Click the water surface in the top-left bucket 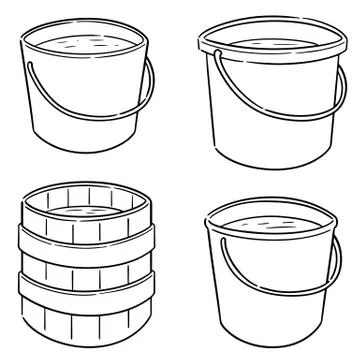click(85, 44)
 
